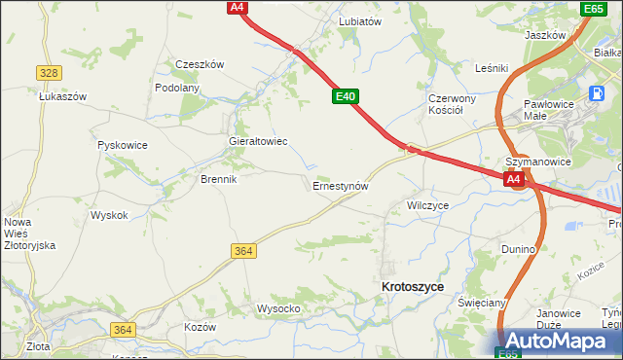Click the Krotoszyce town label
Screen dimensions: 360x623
coord(414,287)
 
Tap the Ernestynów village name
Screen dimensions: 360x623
coord(340,184)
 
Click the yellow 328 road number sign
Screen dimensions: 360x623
coord(50,73)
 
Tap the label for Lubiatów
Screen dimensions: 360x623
coord(359,20)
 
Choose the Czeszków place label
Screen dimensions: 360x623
coord(200,64)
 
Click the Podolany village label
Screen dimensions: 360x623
coord(177,88)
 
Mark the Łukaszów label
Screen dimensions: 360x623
coord(63,96)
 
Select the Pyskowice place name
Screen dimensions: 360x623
coord(123,145)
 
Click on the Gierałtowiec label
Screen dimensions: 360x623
coord(257,141)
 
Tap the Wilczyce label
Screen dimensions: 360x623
coord(428,205)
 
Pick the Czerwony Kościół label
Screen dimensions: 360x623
coord(453,104)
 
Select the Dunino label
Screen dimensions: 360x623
coord(519,249)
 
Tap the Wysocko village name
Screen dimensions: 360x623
coord(278,308)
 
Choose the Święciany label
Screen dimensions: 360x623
coord(482,303)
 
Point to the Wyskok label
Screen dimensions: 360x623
coord(109,215)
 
